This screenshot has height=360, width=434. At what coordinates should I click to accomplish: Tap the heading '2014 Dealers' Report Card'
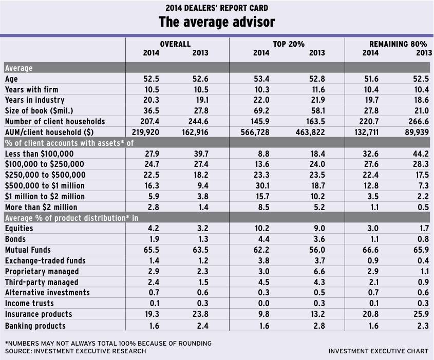click(x=216, y=8)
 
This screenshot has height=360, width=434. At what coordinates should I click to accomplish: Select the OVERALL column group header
click(x=175, y=44)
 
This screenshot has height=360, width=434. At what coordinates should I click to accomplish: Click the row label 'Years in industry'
click(x=34, y=100)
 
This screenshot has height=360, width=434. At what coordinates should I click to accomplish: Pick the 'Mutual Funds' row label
click(x=28, y=250)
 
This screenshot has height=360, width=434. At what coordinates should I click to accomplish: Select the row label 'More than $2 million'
click(x=41, y=207)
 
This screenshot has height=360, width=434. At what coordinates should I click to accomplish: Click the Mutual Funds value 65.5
click(x=151, y=250)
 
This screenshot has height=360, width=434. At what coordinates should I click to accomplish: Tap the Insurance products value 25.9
click(x=420, y=314)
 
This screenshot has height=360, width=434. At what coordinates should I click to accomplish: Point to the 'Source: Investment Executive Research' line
click(x=75, y=351)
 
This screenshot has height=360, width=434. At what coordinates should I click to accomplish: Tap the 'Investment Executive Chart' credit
click(x=378, y=351)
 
